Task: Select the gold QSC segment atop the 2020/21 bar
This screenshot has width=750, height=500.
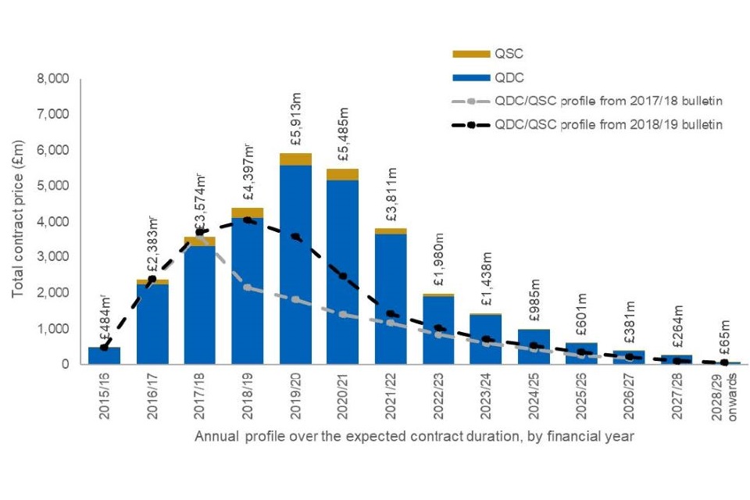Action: (x=343, y=174)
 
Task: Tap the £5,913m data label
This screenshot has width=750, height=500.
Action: (x=296, y=123)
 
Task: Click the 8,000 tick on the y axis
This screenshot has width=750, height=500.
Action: (x=53, y=80)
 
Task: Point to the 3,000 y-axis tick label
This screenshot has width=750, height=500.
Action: (x=53, y=257)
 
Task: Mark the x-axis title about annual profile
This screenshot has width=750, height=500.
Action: (x=414, y=437)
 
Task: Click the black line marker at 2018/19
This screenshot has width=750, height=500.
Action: (x=248, y=220)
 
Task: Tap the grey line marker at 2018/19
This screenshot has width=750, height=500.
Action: (x=248, y=287)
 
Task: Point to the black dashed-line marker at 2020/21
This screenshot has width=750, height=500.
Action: (x=343, y=277)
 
